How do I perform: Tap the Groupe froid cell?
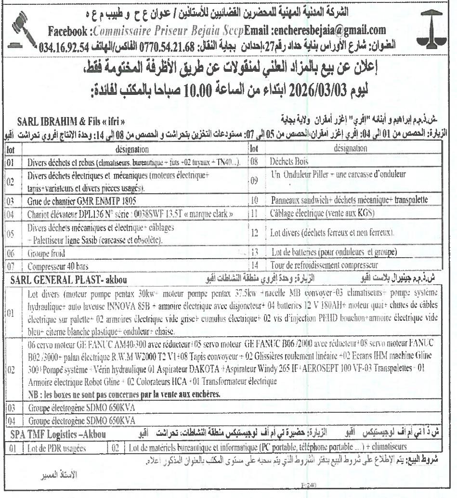click(46, 253)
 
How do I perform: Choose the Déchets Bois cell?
click(289, 161)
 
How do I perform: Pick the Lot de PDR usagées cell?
click(56, 447)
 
